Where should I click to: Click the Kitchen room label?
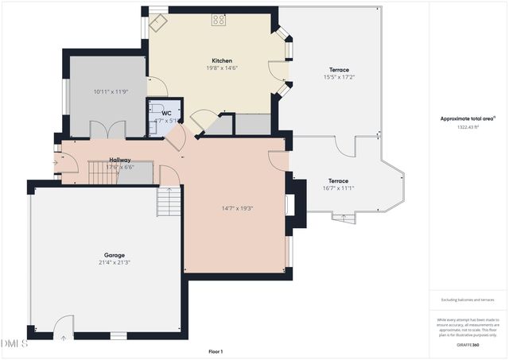pos(221,61)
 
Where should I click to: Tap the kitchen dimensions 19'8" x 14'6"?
pos(221,68)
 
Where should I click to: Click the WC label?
pos(166,114)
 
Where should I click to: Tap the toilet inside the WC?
pos(157,110)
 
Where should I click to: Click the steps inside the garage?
pos(169,203)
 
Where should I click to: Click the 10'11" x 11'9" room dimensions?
pos(109,92)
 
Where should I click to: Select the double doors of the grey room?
pos(108,130)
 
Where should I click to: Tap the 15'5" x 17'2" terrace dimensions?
pos(338,77)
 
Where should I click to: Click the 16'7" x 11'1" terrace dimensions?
pos(340,188)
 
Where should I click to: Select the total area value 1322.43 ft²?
pos(468,126)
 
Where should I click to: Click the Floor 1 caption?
pos(215,351)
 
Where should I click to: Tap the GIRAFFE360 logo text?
pos(468,346)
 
